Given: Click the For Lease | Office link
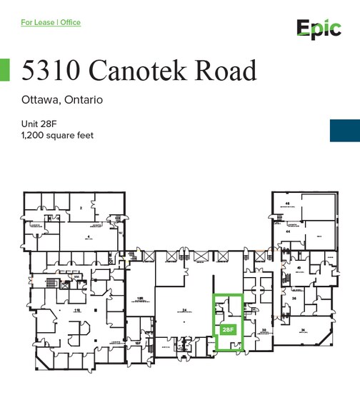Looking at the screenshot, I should click(51, 23).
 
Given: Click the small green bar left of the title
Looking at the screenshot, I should click(4, 69).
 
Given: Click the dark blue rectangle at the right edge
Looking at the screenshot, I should click(344, 130).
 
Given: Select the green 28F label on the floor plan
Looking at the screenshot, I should click(228, 330).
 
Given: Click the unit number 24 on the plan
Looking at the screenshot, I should click(184, 310).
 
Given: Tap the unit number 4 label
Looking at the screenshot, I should click(89, 236).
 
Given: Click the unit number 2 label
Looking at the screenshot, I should click(81, 208).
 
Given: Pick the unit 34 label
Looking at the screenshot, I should click(303, 329).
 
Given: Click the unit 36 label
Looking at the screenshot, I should click(293, 299).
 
